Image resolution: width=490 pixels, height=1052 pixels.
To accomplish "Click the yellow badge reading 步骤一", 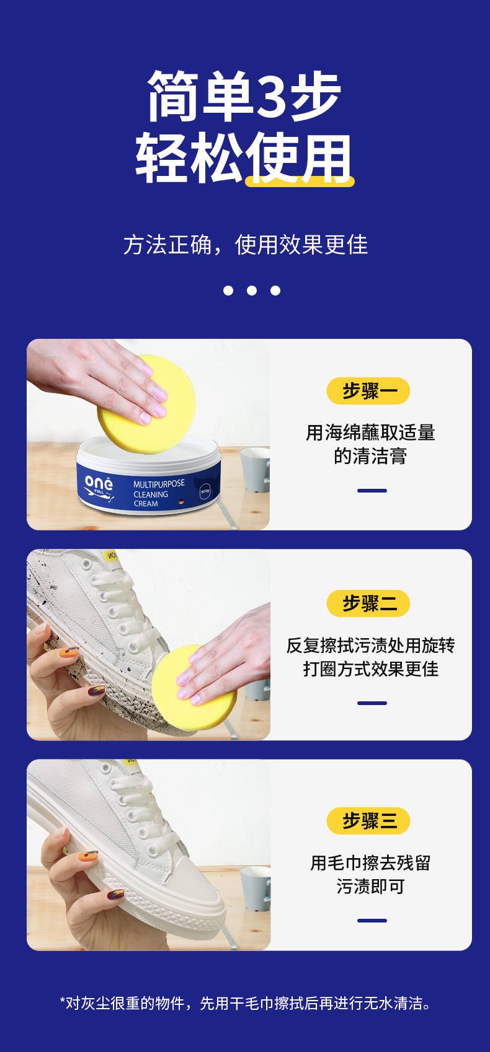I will [368, 391].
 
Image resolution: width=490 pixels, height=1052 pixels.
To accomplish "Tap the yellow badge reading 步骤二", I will [368, 603].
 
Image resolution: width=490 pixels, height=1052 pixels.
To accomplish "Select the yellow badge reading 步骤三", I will [368, 821].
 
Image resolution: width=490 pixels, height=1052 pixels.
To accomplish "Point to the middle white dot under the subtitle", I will [252, 291].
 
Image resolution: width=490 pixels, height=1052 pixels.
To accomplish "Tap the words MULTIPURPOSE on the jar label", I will [159, 484].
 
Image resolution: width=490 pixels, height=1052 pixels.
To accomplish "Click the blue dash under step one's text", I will [372, 491].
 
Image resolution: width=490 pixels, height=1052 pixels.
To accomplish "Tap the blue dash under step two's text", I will [372, 703].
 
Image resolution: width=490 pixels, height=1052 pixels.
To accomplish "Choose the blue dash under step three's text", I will [372, 921].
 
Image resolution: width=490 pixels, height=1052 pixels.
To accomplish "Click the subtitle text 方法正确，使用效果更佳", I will [246, 245].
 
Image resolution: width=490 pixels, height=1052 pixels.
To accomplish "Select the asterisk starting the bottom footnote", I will [63, 1001].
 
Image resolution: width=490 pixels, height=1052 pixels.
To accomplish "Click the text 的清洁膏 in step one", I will [370, 457].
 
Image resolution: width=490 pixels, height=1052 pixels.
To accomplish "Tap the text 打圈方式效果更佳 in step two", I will [370, 669].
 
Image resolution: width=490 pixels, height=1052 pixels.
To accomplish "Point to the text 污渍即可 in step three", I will [370, 887].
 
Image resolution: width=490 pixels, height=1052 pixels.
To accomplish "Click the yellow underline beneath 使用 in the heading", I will [300, 182].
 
